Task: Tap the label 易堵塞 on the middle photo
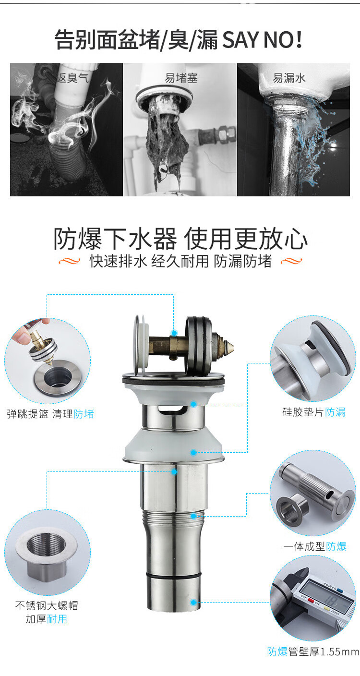tap(181, 78)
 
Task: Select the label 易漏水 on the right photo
tap(289, 78)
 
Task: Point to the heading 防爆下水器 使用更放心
tap(180, 239)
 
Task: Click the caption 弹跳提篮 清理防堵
tap(50, 414)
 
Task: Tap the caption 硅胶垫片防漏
tap(314, 412)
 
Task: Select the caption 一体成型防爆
tap(314, 546)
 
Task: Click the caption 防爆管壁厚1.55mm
tap(313, 652)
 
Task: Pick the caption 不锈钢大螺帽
tap(47, 605)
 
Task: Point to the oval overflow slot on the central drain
tap(171, 409)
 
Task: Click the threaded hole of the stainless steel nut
tap(46, 545)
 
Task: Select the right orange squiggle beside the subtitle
tap(291, 261)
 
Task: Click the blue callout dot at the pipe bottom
tap(193, 603)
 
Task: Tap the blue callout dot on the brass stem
tap(174, 333)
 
